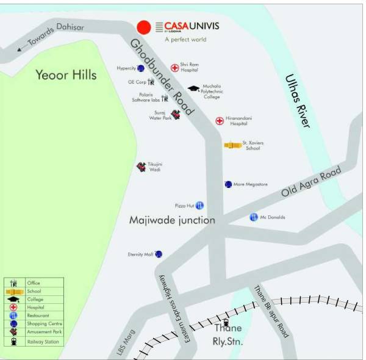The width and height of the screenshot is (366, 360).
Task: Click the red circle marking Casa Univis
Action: [143, 27]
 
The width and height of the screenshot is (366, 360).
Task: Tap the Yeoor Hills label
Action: [66, 75]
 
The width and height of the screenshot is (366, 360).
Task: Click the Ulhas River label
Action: [298, 101]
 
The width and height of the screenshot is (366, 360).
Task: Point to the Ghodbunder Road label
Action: [162, 77]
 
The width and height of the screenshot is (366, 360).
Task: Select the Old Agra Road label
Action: [311, 182]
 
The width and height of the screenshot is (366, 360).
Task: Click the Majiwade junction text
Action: [172, 220]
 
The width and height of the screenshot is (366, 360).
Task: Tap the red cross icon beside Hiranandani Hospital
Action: [220, 121]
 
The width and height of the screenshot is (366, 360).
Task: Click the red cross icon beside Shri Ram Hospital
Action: [174, 67]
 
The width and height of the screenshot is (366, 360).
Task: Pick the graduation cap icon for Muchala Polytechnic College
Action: [193, 89]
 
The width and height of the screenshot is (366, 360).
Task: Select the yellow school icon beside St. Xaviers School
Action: [232, 145]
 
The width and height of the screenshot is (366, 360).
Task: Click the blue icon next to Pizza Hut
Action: [199, 206]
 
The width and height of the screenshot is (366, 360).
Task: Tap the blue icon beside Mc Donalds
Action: [254, 217]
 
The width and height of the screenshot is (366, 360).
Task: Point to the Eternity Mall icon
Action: [159, 254]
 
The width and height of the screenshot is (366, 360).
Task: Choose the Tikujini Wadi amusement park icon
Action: [141, 166]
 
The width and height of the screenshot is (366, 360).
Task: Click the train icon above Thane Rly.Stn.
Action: [226, 322]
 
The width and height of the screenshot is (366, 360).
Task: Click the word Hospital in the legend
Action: [35, 308]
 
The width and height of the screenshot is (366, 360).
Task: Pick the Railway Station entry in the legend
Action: [43, 342]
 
